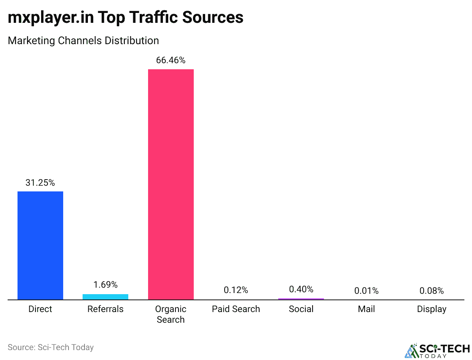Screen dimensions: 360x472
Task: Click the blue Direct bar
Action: (x=40, y=245)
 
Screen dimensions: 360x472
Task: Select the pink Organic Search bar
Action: (x=171, y=185)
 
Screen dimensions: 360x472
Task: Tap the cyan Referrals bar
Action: (x=105, y=297)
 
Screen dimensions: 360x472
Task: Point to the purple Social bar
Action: (x=301, y=299)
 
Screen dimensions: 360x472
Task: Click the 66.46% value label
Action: (x=171, y=60)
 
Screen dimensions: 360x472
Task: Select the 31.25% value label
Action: (x=40, y=183)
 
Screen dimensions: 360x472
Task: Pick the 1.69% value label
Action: (x=105, y=285)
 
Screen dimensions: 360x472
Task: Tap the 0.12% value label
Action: (x=236, y=290)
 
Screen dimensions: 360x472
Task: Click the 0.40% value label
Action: (x=301, y=289)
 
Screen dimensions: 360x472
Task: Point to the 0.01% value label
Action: (x=366, y=291)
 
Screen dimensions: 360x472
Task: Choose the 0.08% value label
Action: (x=432, y=291)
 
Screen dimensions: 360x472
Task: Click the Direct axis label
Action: (x=40, y=309)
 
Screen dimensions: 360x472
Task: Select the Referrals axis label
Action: (x=105, y=309)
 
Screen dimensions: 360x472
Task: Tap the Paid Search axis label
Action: (x=236, y=309)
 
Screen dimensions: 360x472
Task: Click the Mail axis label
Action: (x=366, y=309)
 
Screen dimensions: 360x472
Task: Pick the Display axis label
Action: (x=432, y=309)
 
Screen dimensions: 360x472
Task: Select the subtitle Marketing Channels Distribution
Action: (x=83, y=40)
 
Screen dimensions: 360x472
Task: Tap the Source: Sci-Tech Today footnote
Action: (x=51, y=347)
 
